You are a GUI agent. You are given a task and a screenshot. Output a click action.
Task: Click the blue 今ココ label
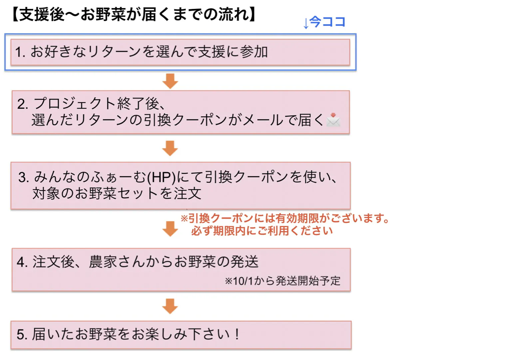click(x=327, y=22)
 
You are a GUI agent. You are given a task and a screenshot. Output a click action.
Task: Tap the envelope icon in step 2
click(x=333, y=120)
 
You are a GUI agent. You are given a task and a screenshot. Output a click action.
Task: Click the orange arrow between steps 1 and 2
click(x=170, y=81)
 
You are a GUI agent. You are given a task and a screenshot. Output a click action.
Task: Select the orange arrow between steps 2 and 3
click(x=170, y=148)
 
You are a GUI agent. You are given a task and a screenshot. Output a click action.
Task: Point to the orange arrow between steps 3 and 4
click(x=170, y=229)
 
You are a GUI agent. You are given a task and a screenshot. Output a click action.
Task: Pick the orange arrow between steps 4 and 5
click(x=170, y=306)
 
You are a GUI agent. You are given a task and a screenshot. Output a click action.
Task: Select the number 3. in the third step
click(x=24, y=177)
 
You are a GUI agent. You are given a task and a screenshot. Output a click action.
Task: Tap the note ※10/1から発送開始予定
click(x=282, y=281)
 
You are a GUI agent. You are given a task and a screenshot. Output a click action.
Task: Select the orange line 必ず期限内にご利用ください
click(x=262, y=231)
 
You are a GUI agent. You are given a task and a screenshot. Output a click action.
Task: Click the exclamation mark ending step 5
click(x=237, y=334)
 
